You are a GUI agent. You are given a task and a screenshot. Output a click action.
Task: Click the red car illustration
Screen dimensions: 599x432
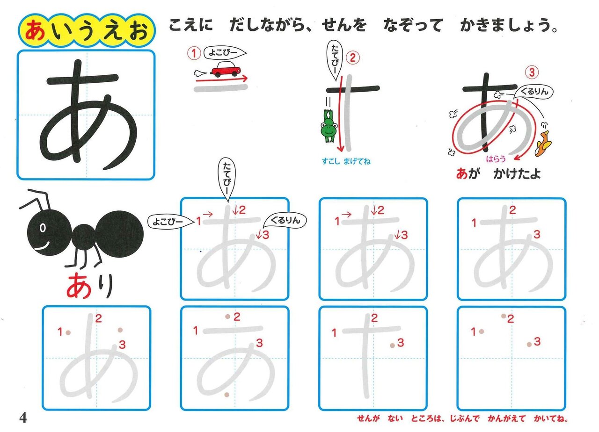point(226,69)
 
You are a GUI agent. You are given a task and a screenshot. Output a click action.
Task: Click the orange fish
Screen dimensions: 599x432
point(543,143)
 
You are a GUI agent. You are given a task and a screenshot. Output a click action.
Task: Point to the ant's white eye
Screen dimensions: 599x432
point(43,228)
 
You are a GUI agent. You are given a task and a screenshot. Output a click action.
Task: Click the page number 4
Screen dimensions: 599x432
point(23,418)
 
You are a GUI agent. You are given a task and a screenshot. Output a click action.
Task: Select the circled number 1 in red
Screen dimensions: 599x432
point(194,53)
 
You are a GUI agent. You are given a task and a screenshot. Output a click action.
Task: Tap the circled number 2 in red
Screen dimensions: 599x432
point(353,58)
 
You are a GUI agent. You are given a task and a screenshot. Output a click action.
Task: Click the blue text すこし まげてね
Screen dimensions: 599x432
point(346,161)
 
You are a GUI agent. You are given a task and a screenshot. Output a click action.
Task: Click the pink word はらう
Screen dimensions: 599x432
point(496,159)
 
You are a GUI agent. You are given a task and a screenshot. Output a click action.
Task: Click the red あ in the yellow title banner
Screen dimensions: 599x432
point(35,30)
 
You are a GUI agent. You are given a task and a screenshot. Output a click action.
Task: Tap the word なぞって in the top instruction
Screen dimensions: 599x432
point(413,25)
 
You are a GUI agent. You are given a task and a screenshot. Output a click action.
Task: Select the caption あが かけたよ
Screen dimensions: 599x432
point(498,173)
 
